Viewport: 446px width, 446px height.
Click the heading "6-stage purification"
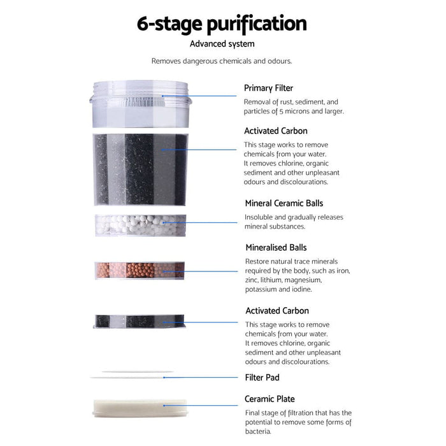(x=222, y=24)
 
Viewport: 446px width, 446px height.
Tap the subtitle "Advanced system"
(x=222, y=44)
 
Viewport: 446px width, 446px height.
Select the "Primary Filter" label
(x=268, y=88)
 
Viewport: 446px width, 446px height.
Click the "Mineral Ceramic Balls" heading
(x=284, y=203)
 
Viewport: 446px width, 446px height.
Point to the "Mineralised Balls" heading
(x=276, y=247)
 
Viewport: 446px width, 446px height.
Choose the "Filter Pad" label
(x=262, y=377)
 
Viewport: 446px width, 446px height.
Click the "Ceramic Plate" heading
(x=269, y=399)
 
